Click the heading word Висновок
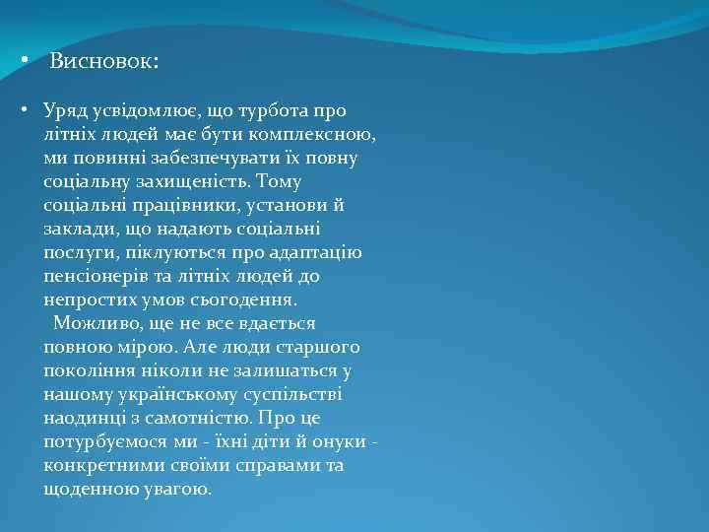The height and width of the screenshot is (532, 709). tap(102, 62)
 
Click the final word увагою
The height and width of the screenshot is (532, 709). tap(177, 489)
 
